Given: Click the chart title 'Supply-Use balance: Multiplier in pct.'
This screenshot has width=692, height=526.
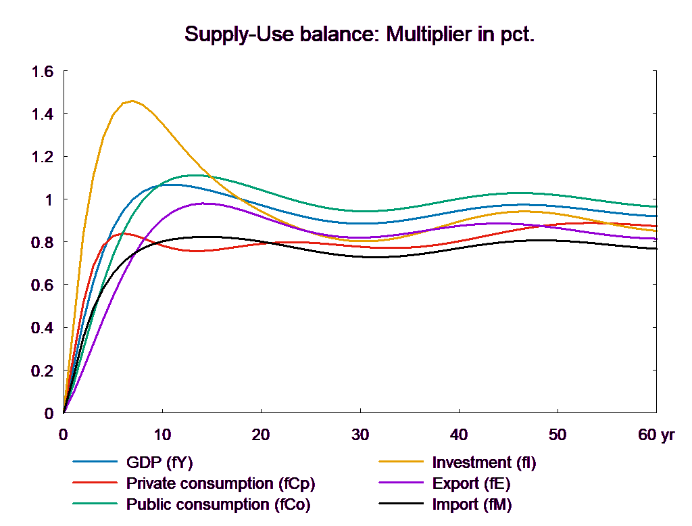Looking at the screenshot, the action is tap(360, 34).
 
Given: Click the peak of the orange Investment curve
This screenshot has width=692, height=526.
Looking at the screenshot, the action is tap(132, 101).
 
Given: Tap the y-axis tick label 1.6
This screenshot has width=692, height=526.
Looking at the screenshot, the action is tap(43, 71).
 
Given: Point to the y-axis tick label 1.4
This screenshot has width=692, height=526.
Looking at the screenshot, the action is tap(43, 114).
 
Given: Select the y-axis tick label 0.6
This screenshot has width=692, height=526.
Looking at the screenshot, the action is tap(43, 285).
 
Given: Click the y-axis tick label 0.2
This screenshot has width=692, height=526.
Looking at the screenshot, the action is tap(43, 371).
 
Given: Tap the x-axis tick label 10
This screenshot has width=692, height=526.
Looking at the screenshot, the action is tap(162, 435).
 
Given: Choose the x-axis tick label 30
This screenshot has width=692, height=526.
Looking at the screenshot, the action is tap(360, 435).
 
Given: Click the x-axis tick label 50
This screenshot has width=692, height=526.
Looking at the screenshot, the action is tap(558, 435).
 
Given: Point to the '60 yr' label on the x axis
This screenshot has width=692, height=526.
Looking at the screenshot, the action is tap(656, 435).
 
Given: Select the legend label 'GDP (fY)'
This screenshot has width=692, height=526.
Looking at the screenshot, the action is tap(159, 462).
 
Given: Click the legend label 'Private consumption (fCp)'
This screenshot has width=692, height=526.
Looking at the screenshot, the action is tap(221, 483).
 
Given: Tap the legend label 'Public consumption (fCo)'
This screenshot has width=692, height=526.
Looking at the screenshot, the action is tap(218, 504).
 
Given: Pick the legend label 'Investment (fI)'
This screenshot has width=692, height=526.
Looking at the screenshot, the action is tap(484, 462).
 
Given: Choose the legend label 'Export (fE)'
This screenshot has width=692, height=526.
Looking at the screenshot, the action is tap(471, 483).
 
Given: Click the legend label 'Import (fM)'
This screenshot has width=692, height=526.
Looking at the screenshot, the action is tap(472, 504).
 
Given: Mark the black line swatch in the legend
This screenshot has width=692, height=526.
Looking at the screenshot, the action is tap(401, 504).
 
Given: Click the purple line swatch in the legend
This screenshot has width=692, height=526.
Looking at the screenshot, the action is tap(401, 483).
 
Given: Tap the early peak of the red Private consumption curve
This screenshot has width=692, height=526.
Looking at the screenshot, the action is tap(124, 234).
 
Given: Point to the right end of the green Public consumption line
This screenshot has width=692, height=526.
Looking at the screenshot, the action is tap(656, 206).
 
